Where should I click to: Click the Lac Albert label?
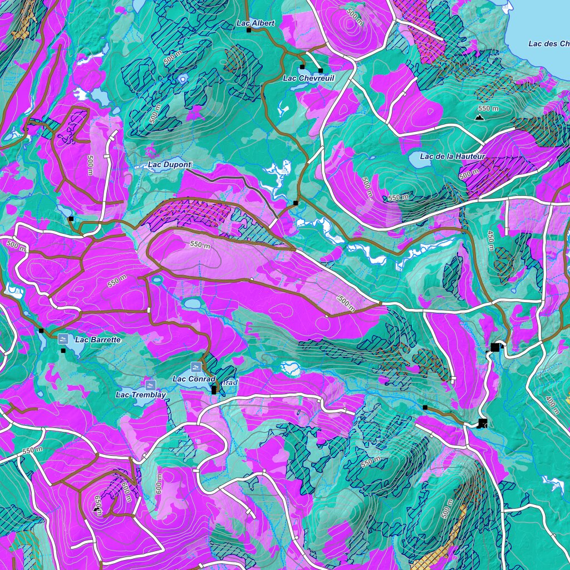pos(255,23)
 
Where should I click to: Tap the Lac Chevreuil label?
pos(308,78)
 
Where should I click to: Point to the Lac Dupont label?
pos(169,165)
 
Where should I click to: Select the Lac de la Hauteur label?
pos(453,156)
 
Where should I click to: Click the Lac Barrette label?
pos(97,339)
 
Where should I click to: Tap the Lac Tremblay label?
pos(141,395)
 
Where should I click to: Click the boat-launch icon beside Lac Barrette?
pos(63,339)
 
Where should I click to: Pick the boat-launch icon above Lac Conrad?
pos(195,367)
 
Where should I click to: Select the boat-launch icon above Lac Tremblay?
pos(149,385)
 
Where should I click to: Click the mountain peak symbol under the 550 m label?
pos(479,118)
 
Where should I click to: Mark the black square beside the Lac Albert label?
pos(249,30)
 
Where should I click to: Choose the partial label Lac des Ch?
pos(548,44)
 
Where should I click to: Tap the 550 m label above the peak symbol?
pos(488,108)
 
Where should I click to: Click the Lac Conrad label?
pos(194,379)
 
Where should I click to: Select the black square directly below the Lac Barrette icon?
pos(63,351)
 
